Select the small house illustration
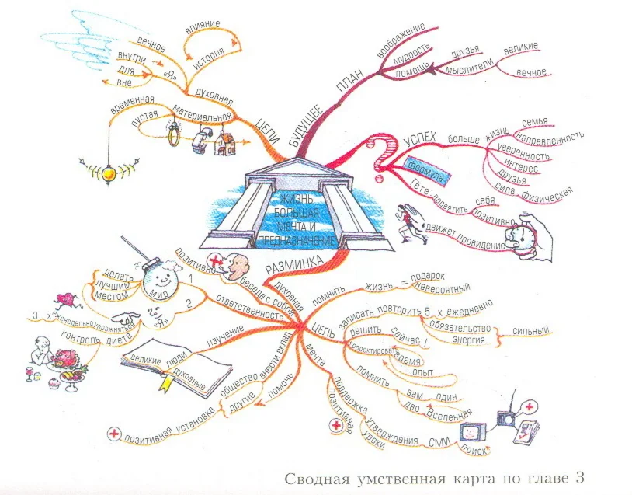224,142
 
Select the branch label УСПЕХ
420,139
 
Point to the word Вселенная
450,416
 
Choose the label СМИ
439,441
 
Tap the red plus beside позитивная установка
114,434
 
